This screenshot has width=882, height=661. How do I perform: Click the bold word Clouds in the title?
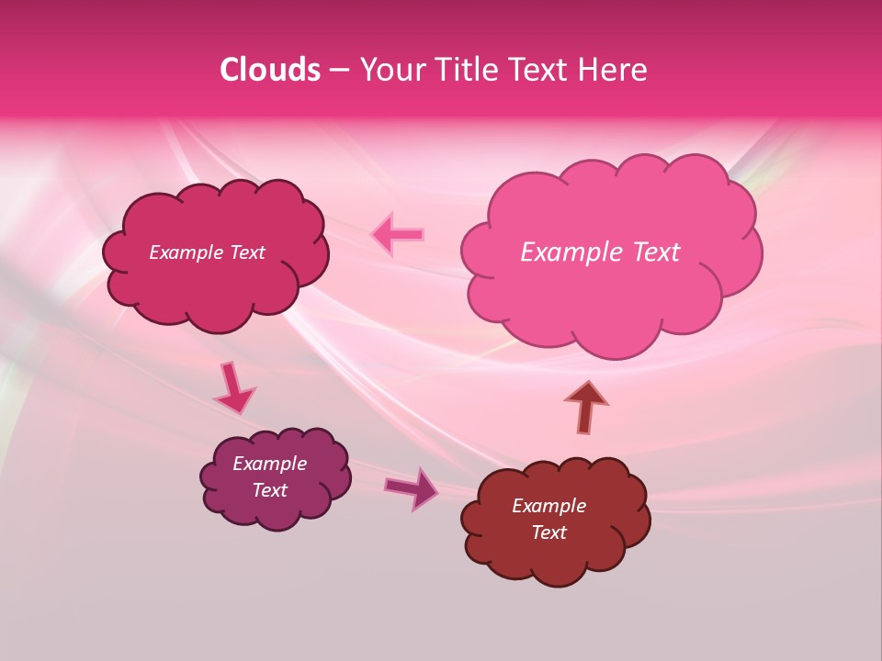(x=269, y=70)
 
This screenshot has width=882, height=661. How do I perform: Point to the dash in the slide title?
(x=339, y=71)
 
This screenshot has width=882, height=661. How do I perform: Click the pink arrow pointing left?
(x=398, y=234)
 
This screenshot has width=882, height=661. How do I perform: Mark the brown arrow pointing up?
(x=585, y=407)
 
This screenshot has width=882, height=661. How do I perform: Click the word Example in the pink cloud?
(x=568, y=252)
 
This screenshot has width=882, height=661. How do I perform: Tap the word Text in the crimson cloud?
(x=245, y=252)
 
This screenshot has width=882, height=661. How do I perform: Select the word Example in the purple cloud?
(x=270, y=464)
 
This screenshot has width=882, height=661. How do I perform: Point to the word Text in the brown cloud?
(x=549, y=532)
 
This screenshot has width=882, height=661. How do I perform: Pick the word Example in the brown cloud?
(x=549, y=506)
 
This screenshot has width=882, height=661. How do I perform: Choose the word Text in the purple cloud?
(x=270, y=490)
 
